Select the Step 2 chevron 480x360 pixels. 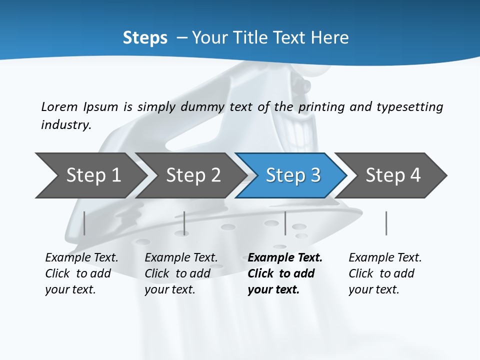tap(192, 175)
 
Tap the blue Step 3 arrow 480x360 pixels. tap(292, 175)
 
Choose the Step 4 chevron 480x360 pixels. tap(392, 175)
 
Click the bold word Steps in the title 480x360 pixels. tap(145, 38)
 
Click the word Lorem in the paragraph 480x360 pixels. tap(59, 106)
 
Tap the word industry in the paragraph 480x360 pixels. tap(65, 124)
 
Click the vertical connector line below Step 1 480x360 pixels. tap(84, 223)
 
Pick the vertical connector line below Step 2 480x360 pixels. tap(184, 223)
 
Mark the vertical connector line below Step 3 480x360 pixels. tap(285, 223)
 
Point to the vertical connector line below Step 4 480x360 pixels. tap(386, 223)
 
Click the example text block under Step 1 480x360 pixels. tap(81, 273)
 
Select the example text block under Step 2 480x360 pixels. tap(181, 273)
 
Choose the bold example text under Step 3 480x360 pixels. tap(285, 273)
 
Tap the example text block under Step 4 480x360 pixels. tap(385, 273)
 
